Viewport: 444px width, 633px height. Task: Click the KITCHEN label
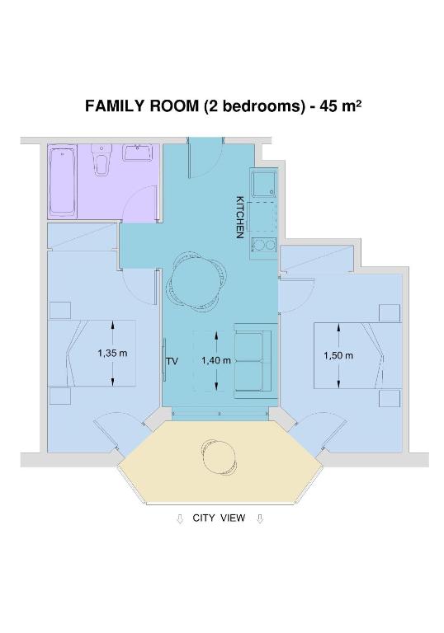click(240, 218)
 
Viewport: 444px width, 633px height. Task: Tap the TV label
click(172, 361)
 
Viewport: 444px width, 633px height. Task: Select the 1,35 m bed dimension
click(112, 354)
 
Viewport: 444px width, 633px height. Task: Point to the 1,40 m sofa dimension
click(216, 360)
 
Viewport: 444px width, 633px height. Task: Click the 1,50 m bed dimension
click(338, 355)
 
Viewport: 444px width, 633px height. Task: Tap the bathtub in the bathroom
click(63, 181)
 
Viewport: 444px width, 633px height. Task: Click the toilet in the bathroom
click(102, 160)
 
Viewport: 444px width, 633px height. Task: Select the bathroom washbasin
click(139, 152)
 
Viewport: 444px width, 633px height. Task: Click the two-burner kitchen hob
click(263, 245)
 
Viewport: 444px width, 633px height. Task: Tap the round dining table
click(195, 283)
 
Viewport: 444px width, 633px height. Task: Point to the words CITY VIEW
click(219, 518)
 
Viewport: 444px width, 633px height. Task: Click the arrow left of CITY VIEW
click(181, 519)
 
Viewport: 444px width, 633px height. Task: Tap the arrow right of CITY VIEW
click(261, 519)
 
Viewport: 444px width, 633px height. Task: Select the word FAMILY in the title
click(115, 105)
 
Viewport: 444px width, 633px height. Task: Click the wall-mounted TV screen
click(164, 359)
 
